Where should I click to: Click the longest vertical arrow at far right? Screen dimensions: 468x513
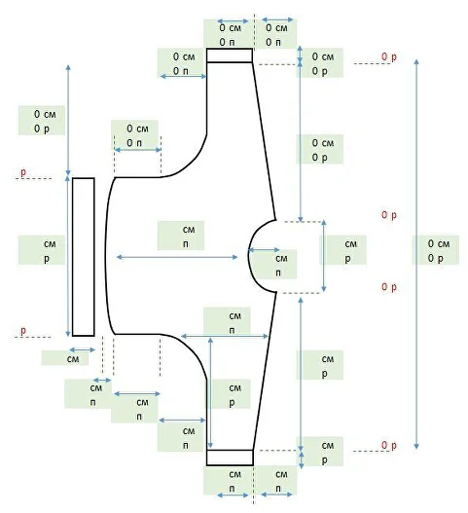416,254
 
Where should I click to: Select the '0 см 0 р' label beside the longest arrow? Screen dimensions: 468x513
439,250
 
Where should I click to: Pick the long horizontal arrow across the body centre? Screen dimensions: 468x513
177,257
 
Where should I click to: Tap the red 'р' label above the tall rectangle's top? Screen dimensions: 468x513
23,172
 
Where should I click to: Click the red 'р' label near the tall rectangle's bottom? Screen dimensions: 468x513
23,330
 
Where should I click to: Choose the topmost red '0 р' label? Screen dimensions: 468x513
389,56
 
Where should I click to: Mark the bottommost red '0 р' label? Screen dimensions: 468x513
389,445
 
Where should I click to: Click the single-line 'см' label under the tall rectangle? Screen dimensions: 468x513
73,359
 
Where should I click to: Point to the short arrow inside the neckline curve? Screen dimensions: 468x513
264,250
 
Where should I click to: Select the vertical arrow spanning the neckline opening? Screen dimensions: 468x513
324,256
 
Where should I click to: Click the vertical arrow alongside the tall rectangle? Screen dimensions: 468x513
68,256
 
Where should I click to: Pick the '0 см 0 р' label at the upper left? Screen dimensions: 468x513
45,121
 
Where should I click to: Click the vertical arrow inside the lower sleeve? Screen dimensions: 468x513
210,393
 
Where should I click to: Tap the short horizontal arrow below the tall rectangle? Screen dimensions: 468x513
82,349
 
